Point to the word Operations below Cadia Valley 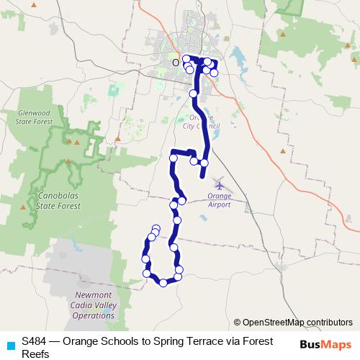(x=94, y=315)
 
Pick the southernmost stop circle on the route (x=163, y=283)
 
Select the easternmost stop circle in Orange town (x=214, y=73)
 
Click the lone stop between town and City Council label (x=193, y=94)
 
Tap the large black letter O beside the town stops (x=174, y=63)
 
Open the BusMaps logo (x=325, y=344)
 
